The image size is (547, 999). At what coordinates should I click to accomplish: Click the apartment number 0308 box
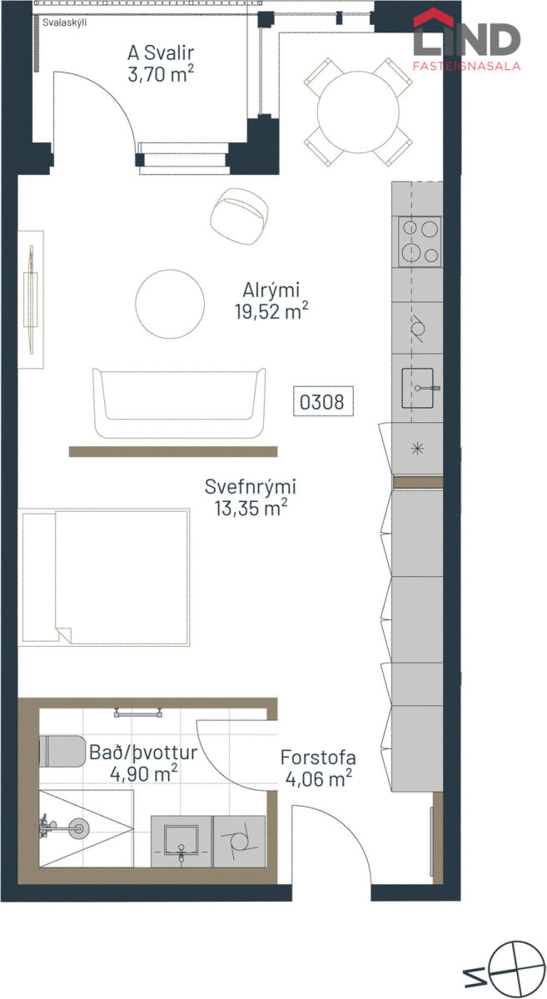(323, 401)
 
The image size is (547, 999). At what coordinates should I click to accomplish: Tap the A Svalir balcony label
(161, 53)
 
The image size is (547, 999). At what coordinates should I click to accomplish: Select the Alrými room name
(271, 291)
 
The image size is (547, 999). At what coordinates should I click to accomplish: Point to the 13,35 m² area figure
(251, 508)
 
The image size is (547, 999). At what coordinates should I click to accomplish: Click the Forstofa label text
(318, 758)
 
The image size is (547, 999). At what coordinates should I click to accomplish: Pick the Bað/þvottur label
(143, 753)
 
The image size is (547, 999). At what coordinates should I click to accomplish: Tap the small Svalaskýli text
(65, 22)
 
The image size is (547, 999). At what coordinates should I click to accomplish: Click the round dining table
(358, 112)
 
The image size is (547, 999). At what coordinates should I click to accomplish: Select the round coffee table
(170, 304)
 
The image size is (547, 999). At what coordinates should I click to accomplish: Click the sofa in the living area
(179, 403)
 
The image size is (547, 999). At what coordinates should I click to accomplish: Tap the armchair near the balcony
(240, 216)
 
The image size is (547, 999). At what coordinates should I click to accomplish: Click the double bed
(104, 578)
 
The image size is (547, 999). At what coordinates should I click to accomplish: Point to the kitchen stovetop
(420, 241)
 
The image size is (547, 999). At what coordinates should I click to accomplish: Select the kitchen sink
(419, 388)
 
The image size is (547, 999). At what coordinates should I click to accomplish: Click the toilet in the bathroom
(62, 751)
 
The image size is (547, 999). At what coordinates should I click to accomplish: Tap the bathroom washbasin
(182, 842)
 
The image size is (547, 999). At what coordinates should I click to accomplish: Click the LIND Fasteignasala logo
(467, 40)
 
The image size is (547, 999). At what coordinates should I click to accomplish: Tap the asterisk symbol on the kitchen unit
(418, 449)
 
